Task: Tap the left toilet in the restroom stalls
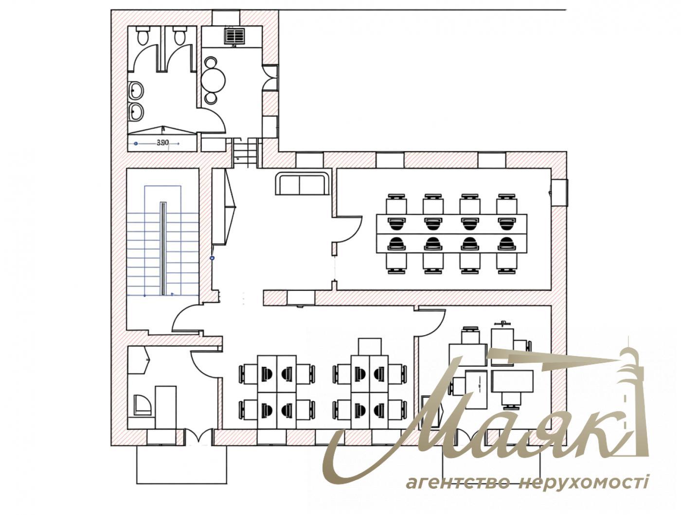point(143,36)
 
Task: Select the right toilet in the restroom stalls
point(179,36)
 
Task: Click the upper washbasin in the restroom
point(136,90)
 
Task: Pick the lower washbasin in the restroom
point(136,111)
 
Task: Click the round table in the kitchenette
point(214,79)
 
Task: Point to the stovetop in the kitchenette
point(234,36)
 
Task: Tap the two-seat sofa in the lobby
point(302,184)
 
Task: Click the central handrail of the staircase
point(164,248)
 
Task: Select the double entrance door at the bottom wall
point(198,437)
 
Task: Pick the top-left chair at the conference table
point(396,203)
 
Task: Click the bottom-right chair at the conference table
point(506,262)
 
